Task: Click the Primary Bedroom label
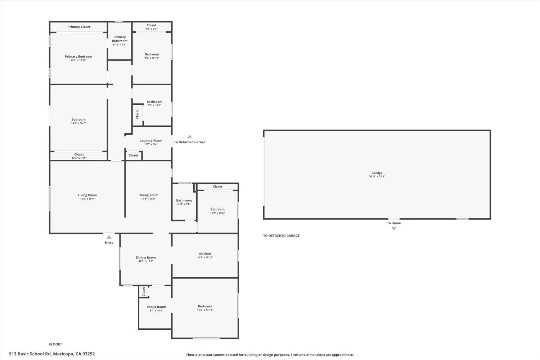[x=78, y=57]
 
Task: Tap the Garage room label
[x=377, y=173]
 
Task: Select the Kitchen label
[x=205, y=254]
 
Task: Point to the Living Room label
[x=87, y=195]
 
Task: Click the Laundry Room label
[x=151, y=141]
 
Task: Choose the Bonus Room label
[x=156, y=307]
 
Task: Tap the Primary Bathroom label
[x=120, y=39]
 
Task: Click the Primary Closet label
[x=79, y=27]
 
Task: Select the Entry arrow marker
[x=109, y=237]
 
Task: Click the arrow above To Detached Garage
[x=190, y=137]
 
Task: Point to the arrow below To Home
[x=394, y=229]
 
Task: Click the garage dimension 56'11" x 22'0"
[x=377, y=177]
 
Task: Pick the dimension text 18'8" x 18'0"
[x=87, y=199]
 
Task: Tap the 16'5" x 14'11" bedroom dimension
[x=205, y=310]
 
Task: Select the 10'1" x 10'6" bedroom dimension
[x=217, y=213]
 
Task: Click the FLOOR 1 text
[x=56, y=345]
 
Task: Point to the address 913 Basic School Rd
[x=52, y=354]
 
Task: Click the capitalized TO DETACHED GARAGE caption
[x=281, y=236]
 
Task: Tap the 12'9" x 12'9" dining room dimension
[x=146, y=261]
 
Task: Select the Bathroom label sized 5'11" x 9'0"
[x=184, y=201]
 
